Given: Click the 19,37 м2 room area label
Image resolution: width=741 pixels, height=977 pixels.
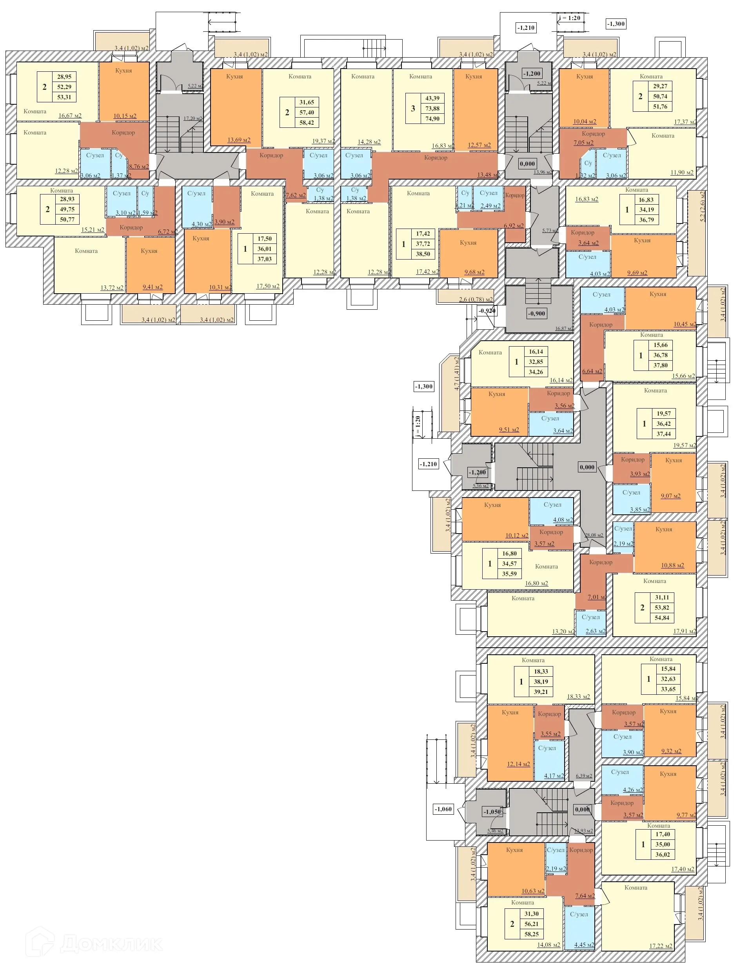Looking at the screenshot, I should point(323,142).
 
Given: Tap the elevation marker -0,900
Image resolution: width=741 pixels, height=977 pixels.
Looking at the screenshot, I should point(537,314).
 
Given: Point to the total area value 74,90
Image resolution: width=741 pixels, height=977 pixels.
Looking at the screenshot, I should point(432,119).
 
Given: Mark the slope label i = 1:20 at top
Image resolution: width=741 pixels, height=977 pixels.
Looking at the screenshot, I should point(569,18).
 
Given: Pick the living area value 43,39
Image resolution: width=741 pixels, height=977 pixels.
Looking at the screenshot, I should point(432,98).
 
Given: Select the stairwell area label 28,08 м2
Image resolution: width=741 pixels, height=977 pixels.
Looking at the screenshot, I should point(594,535).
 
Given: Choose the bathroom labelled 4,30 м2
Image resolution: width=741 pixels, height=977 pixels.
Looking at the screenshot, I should point(197,207).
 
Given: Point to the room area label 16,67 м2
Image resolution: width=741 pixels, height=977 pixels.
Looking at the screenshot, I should point(70,116).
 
